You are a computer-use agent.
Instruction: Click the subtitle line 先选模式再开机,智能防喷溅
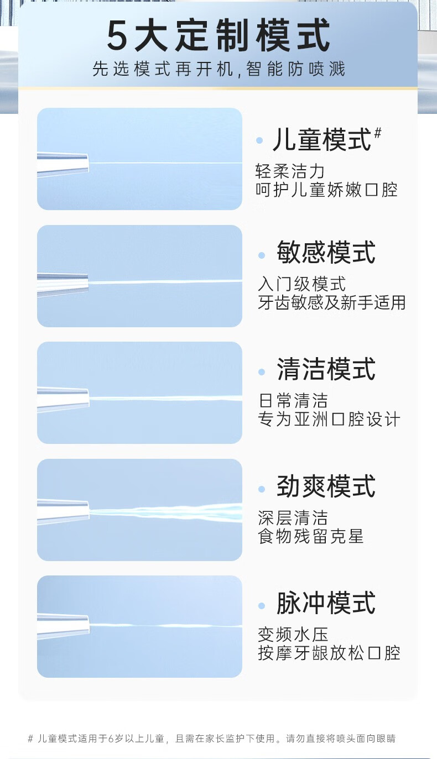click(x=218, y=69)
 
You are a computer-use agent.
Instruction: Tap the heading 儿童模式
click(x=322, y=140)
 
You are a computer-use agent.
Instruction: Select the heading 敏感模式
click(x=326, y=253)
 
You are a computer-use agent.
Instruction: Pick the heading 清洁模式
click(x=326, y=369)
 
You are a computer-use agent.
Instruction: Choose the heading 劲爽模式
click(x=326, y=486)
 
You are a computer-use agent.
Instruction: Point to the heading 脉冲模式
click(x=326, y=603)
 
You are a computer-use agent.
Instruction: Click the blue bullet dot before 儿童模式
click(x=259, y=141)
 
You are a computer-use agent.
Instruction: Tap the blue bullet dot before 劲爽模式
click(x=262, y=489)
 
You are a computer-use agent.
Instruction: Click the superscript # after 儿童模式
click(x=378, y=133)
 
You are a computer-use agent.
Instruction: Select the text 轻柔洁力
click(x=290, y=171)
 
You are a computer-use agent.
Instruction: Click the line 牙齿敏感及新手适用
click(x=331, y=302)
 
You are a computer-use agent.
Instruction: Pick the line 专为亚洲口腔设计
click(x=329, y=419)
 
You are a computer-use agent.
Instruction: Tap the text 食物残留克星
click(x=310, y=536)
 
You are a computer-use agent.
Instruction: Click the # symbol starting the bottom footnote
click(x=30, y=739)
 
